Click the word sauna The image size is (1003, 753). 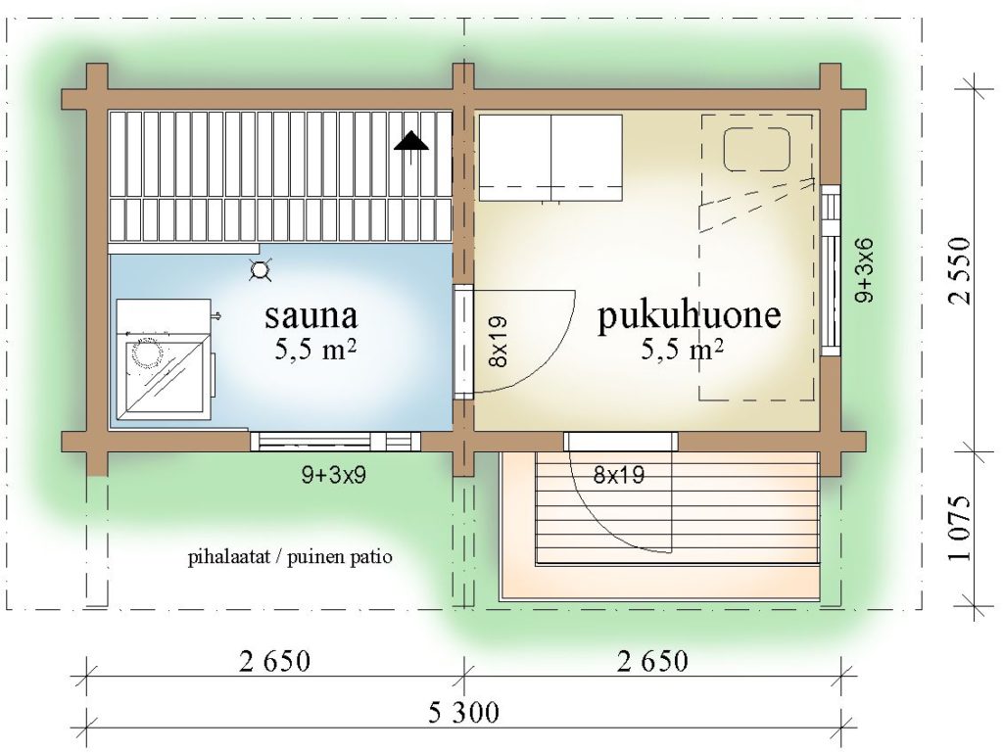click(310, 315)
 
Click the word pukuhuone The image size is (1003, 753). click(689, 315)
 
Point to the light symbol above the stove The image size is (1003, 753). click(261, 271)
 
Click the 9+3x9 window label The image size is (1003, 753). click(334, 475)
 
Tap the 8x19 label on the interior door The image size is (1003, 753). click(498, 342)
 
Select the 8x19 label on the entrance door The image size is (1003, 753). click(619, 475)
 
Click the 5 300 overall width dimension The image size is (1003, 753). click(463, 712)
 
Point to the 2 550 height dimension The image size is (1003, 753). click(960, 269)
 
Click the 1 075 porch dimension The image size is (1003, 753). click(960, 528)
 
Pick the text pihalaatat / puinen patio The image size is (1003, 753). click(290, 557)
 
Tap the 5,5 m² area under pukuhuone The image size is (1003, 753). click(683, 349)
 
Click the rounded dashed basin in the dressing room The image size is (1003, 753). click(757, 150)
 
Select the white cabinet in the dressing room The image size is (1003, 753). click(550, 158)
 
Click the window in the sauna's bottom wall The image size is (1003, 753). click(335, 442)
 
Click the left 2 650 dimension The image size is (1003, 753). click(274, 661)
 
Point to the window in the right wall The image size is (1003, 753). click(831, 269)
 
